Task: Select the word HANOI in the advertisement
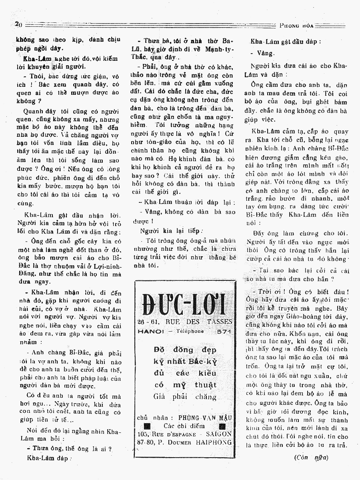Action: pos(150,331)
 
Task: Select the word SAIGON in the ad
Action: pos(218,434)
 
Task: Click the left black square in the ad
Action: pos(147,426)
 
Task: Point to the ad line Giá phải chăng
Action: pos(184,397)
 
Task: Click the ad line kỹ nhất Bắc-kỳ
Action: pos(184,362)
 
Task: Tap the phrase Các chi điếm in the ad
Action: pos(184,426)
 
